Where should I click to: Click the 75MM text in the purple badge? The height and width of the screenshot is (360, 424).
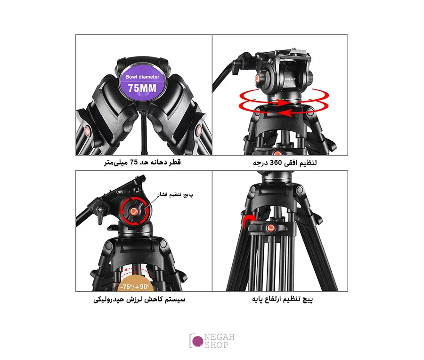click(142, 88)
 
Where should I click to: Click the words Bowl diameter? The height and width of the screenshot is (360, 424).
click(142, 77)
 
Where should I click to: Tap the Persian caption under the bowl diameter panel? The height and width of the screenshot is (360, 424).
click(142, 162)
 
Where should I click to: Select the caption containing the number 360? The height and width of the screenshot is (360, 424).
click(285, 162)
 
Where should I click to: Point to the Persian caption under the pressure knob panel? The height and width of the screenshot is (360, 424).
click(139, 299)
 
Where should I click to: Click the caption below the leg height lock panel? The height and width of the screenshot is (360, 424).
click(282, 299)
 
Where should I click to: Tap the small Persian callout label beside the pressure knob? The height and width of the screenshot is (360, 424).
click(176, 194)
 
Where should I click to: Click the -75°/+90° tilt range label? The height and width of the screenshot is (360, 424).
click(135, 287)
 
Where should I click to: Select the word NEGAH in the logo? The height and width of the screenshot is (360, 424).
click(219, 337)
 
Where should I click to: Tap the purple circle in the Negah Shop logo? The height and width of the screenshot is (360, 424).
click(198, 341)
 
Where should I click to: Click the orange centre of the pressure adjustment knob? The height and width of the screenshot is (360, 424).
click(134, 211)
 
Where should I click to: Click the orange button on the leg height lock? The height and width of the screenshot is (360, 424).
click(271, 228)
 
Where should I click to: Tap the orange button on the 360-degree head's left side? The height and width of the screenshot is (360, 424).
click(257, 78)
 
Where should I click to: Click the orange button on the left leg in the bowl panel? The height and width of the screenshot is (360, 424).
click(88, 131)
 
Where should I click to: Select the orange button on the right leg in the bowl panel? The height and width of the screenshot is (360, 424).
click(199, 130)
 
